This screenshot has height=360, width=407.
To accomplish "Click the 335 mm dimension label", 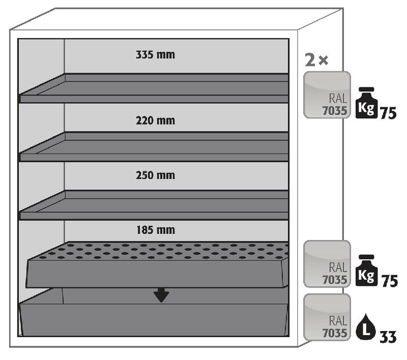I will (155, 55).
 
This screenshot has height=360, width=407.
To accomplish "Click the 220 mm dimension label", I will (155, 121).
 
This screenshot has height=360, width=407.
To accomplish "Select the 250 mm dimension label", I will (155, 175).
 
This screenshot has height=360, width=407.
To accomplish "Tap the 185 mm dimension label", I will (155, 230).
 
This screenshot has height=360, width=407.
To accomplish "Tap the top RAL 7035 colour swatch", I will (327, 95).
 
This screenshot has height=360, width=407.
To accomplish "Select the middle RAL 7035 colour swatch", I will (327, 263).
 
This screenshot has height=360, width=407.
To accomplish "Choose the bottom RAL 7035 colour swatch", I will (327, 317).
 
